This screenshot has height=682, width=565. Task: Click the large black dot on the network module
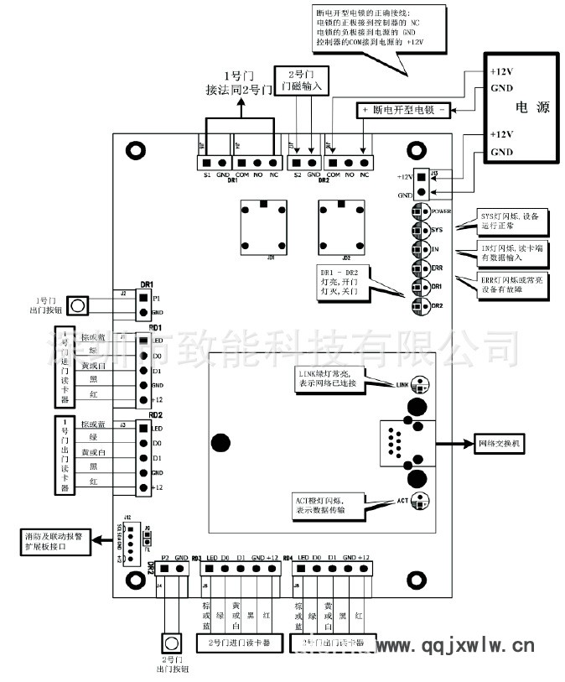click(220, 443)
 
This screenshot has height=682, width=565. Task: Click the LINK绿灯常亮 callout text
click(329, 377)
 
